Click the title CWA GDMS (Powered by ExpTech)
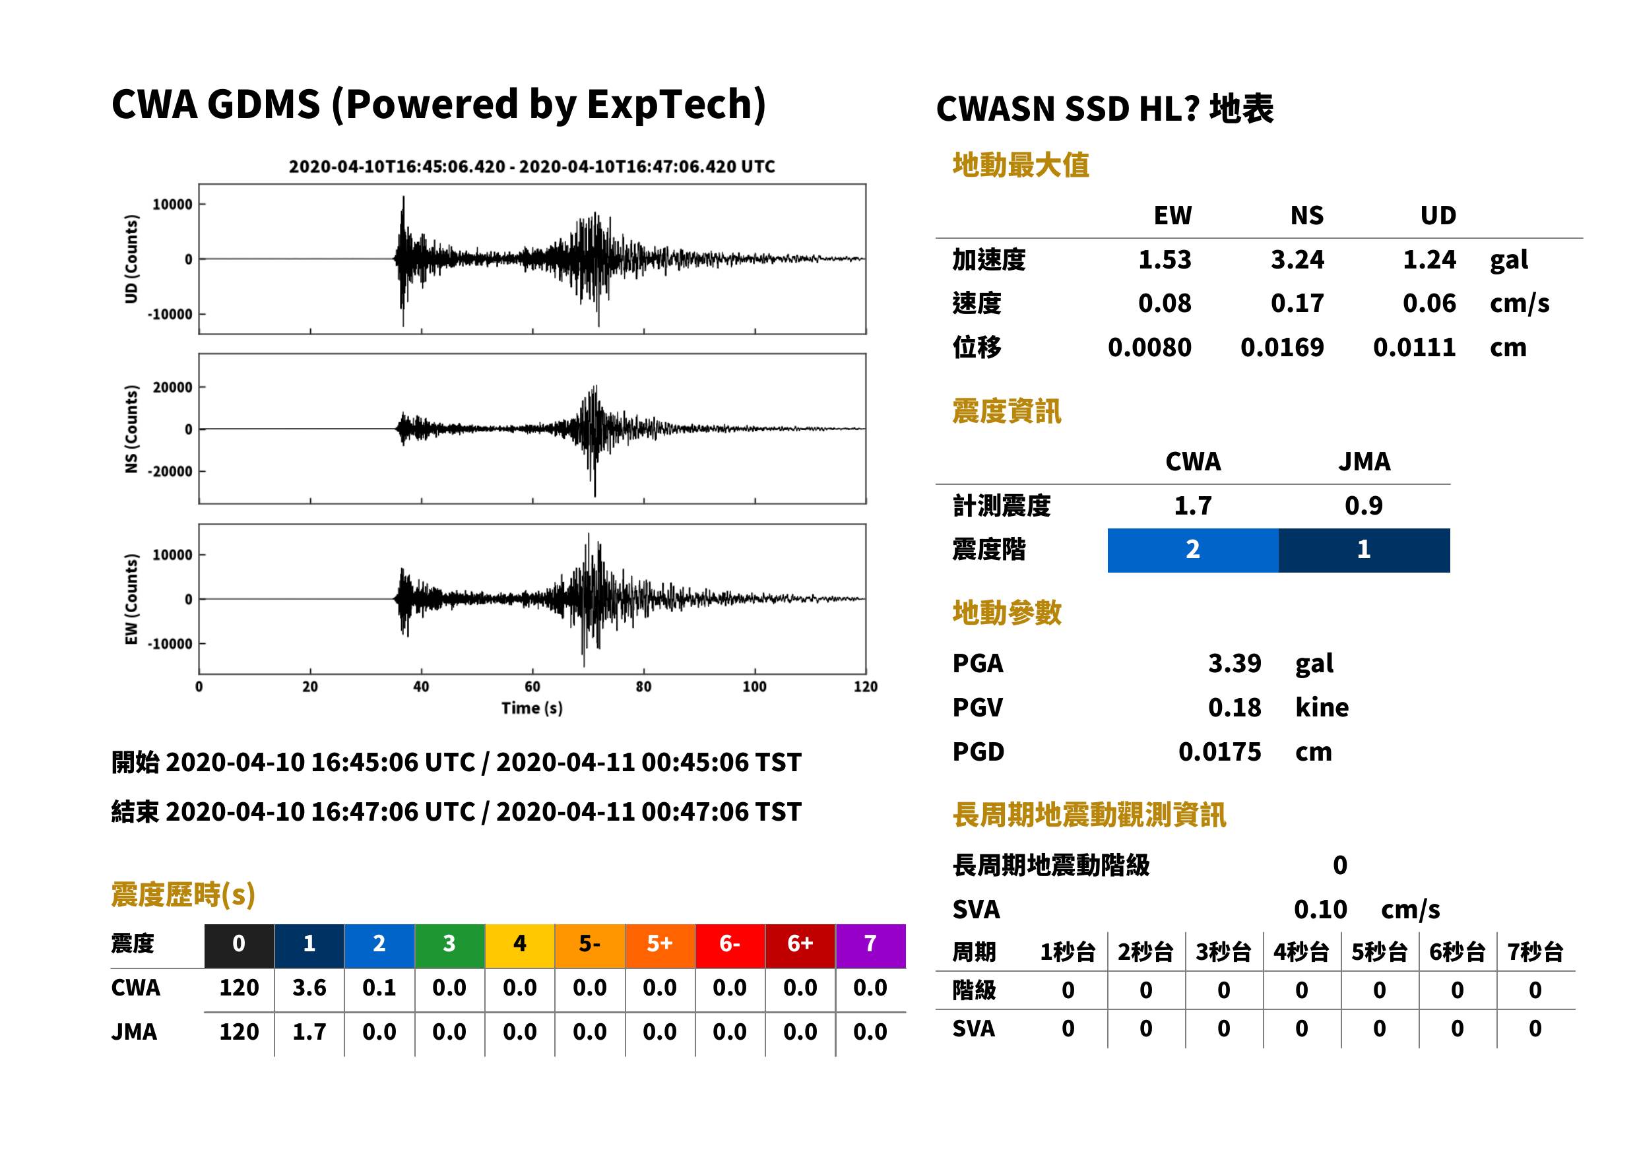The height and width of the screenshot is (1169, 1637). coord(438,105)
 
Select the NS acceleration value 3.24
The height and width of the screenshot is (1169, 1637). coord(1297,260)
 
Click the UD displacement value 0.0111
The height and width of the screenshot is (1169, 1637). coord(1414,348)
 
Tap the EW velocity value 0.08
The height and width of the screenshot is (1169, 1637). coord(1164,303)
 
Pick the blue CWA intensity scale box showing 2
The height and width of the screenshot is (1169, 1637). coord(1193,550)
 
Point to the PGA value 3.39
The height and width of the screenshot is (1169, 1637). coord(1234,663)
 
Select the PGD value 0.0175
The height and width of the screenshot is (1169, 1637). coord(1219,751)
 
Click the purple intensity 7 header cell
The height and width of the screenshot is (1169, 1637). coord(870,945)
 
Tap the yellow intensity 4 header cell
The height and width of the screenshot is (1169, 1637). coord(520,945)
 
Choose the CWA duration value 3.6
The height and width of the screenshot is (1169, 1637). coord(309,988)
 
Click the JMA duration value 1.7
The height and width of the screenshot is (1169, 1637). coord(309,1032)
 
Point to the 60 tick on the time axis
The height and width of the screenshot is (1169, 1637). coord(532,687)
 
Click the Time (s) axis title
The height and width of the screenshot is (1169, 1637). coord(532,709)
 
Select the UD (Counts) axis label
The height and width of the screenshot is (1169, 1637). coord(131,259)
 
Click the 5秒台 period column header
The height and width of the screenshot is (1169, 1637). coord(1378,953)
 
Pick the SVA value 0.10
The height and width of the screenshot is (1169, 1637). coord(1320,910)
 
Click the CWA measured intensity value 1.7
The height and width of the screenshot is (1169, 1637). coord(1193,506)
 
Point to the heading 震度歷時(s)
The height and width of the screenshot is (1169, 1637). coord(183,895)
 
